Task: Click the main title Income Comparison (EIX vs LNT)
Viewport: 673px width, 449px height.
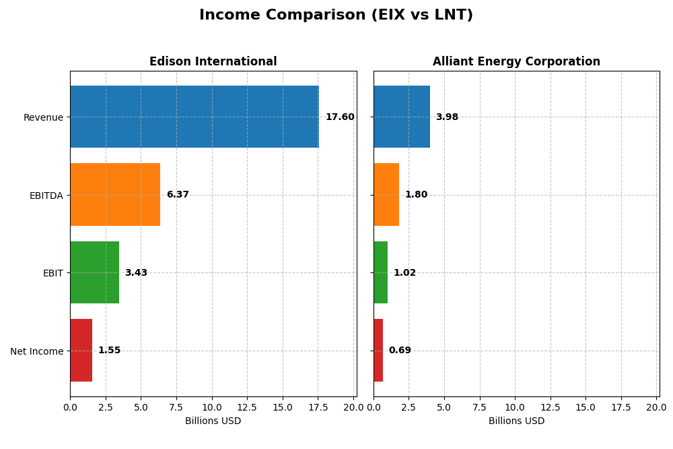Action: point(336,16)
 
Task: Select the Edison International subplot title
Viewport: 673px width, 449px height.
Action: point(213,62)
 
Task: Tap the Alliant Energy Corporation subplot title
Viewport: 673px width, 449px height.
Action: point(516,62)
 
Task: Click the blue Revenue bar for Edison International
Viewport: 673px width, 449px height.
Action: point(194,117)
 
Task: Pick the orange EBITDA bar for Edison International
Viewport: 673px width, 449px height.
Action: point(115,195)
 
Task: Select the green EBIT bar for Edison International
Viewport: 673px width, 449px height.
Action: point(94,272)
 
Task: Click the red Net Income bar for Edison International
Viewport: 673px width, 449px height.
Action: point(81,351)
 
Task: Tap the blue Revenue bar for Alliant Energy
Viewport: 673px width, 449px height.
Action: point(402,117)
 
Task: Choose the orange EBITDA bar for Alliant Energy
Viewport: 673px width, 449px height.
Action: point(386,195)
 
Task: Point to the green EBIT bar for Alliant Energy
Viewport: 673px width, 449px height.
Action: point(380,272)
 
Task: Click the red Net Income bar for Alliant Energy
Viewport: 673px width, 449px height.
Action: point(378,351)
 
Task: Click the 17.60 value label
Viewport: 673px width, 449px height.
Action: point(340,117)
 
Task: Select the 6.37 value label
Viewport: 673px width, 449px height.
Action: point(178,195)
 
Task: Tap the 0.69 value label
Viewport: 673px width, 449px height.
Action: point(400,351)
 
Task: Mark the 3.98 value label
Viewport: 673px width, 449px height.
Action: point(447,117)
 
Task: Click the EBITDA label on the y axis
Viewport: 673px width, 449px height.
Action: point(46,196)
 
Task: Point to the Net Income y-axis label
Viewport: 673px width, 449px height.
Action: point(37,351)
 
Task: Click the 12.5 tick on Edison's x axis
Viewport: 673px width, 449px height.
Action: point(247,407)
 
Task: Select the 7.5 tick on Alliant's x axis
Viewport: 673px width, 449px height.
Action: point(480,407)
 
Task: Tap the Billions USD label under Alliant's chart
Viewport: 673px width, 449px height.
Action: point(516,421)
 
